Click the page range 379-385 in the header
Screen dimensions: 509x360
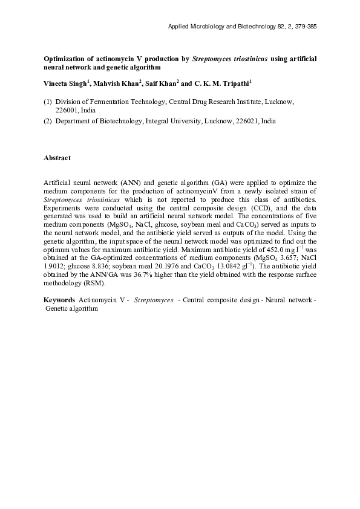(304, 27)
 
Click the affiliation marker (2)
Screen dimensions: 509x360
(48, 121)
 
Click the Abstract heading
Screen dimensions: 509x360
(57, 158)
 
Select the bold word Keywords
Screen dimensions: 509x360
(59, 300)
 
